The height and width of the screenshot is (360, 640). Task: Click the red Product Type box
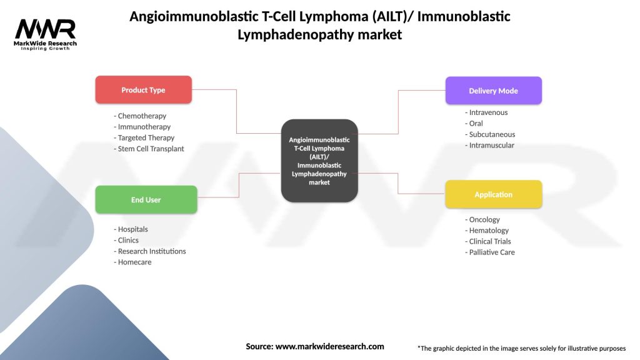tap(143, 90)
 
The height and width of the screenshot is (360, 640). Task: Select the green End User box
tap(146, 200)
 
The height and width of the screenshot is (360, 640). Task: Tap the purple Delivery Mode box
tap(493, 91)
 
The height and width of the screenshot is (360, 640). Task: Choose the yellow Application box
tap(493, 194)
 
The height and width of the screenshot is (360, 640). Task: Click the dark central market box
tap(319, 161)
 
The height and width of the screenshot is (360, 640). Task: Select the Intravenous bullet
tap(486, 112)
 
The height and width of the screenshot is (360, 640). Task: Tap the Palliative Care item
tap(490, 252)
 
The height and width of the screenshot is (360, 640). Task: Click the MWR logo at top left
tap(46, 32)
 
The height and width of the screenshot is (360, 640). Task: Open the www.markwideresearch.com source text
tap(329, 346)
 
